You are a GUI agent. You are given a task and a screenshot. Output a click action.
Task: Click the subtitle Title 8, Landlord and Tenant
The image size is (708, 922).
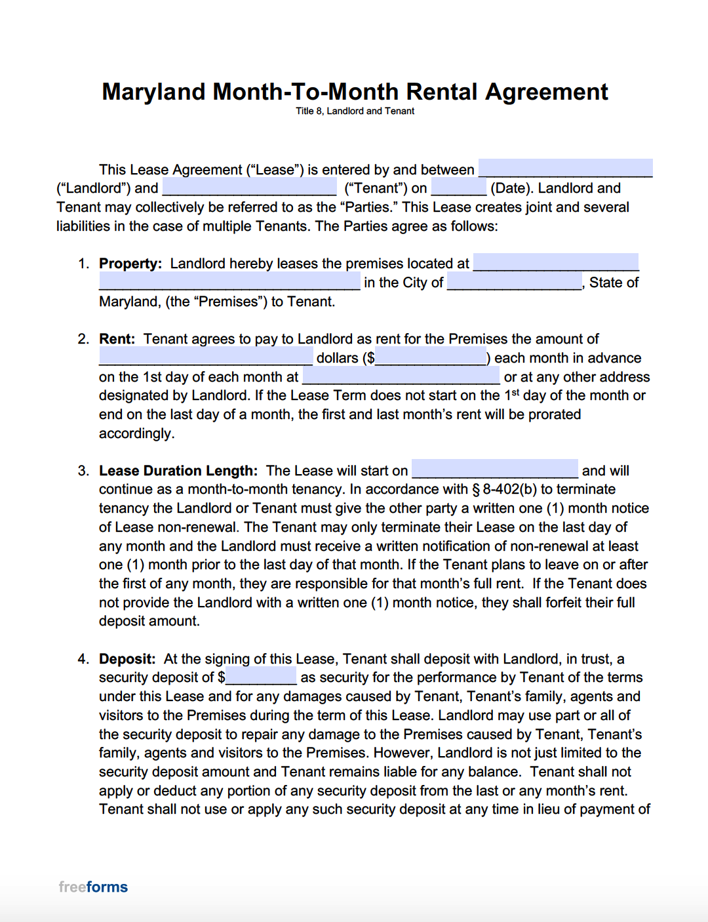[x=355, y=111]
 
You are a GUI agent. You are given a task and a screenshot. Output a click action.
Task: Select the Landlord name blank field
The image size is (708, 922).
[x=565, y=169]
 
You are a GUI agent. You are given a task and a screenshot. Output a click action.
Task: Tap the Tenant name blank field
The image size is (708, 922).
[x=249, y=188]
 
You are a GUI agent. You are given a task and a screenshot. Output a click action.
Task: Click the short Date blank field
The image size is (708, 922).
[x=459, y=188]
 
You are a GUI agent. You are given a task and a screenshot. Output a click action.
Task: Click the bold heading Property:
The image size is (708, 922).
[x=130, y=264]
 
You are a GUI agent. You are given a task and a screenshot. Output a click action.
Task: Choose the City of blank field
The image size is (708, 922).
[x=515, y=282]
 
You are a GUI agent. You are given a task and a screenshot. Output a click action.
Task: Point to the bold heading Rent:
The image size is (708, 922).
[x=117, y=339]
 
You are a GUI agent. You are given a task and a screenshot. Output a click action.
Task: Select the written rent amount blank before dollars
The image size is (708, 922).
[x=206, y=357]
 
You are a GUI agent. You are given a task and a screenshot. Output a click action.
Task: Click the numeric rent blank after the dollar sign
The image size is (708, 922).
[x=431, y=357]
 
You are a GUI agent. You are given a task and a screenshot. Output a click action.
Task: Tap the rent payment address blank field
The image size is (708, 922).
[x=401, y=376]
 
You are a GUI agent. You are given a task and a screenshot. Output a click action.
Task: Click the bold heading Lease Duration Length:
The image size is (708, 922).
[x=178, y=471]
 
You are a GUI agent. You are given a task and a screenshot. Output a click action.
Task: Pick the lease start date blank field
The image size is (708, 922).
[x=495, y=470]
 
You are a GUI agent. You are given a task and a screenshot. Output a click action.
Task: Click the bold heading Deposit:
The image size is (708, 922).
[x=127, y=659]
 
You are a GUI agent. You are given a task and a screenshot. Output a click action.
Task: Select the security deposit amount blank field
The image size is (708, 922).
[x=261, y=677]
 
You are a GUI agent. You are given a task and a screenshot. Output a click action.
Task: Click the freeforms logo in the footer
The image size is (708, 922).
[x=93, y=887]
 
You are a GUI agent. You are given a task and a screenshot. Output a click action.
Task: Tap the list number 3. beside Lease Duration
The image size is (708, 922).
[x=83, y=471]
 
